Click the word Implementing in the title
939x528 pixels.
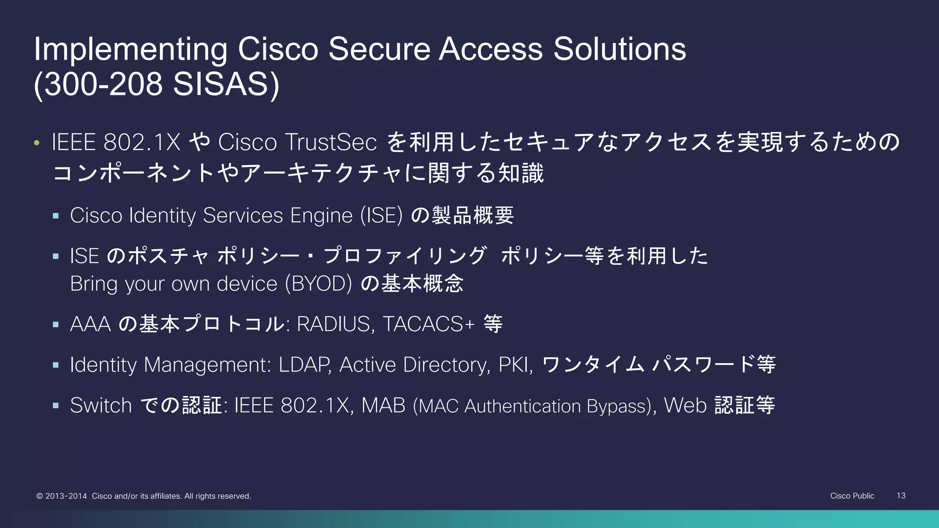pos(130,49)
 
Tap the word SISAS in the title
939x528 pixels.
pos(220,85)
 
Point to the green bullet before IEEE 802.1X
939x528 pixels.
pos(37,143)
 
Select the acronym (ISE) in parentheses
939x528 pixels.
pos(381,215)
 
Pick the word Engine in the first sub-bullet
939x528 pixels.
pos(321,216)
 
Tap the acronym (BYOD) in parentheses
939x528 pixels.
pos(318,284)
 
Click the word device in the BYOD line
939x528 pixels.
pos(247,284)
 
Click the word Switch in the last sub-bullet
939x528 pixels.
pos(101,406)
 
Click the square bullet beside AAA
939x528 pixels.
pos(56,324)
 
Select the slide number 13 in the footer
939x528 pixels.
pos(900,495)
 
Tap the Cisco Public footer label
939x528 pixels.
pos(852,495)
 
